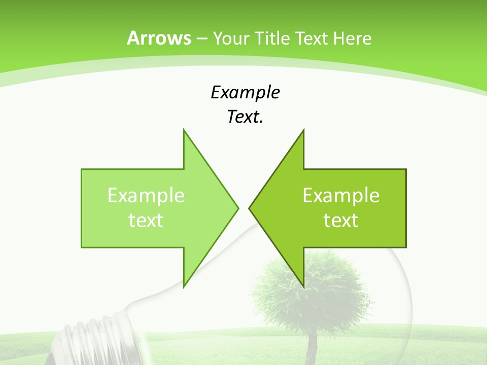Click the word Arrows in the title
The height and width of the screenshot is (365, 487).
point(159,38)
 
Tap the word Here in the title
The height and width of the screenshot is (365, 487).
point(352,39)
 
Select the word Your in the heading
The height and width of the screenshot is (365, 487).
point(230,39)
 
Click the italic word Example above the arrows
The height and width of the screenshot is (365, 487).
point(245,92)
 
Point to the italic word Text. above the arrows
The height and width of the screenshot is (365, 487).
point(245,117)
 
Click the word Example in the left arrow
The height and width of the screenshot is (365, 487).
point(146,195)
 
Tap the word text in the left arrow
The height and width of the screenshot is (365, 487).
point(146,220)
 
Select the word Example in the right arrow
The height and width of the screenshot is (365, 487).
point(341,195)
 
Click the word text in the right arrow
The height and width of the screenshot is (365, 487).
point(341,220)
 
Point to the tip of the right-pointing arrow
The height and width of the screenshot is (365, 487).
point(238,208)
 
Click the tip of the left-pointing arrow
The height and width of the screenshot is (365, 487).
point(250,208)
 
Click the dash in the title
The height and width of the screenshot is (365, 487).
point(201,39)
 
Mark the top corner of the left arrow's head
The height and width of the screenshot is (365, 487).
point(184,130)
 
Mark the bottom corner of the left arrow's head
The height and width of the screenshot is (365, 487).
point(184,287)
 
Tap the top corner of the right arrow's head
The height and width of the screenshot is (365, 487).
point(303,130)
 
